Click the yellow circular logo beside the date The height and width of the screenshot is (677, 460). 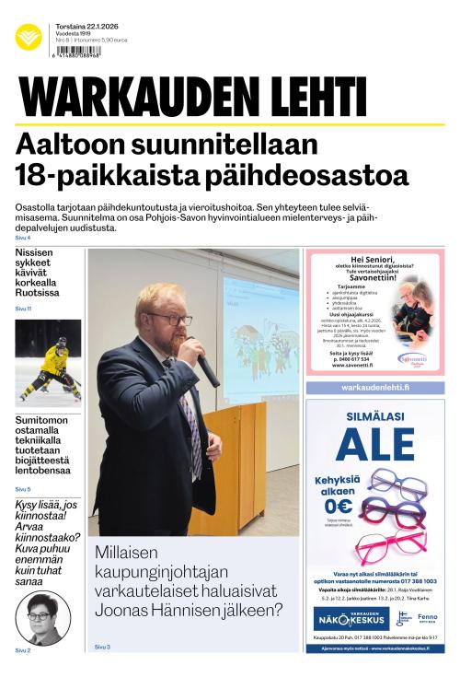pyautogui.click(x=29, y=38)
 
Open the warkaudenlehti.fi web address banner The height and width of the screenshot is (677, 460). pyautogui.click(x=374, y=388)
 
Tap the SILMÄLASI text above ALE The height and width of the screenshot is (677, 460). pyautogui.click(x=374, y=415)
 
